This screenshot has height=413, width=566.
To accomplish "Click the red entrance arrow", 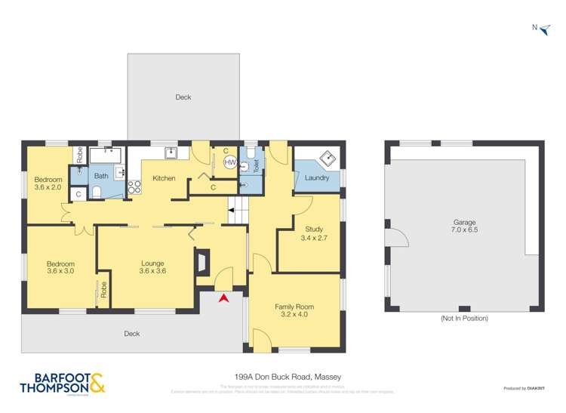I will point(223,299).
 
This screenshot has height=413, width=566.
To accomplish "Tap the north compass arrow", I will point(544,28).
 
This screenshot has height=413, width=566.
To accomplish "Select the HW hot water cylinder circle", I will point(230,162).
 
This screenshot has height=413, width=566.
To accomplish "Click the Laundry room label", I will point(317,178).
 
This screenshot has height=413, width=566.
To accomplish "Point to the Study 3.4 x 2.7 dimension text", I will point(314,238).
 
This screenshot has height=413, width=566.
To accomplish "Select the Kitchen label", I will point(164,179).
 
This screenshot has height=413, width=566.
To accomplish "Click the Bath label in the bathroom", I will point(101,176).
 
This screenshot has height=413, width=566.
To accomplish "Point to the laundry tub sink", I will point(328,159).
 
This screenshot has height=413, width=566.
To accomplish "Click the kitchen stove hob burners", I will point(134,187).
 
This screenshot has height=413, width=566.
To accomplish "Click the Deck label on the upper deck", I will point(183,97).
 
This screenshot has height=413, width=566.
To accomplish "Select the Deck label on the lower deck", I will point(132,333).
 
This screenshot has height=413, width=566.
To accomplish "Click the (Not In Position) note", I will point(464,319).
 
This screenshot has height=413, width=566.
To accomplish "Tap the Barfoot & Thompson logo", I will point(64,384).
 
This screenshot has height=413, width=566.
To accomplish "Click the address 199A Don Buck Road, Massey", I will point(283,374).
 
